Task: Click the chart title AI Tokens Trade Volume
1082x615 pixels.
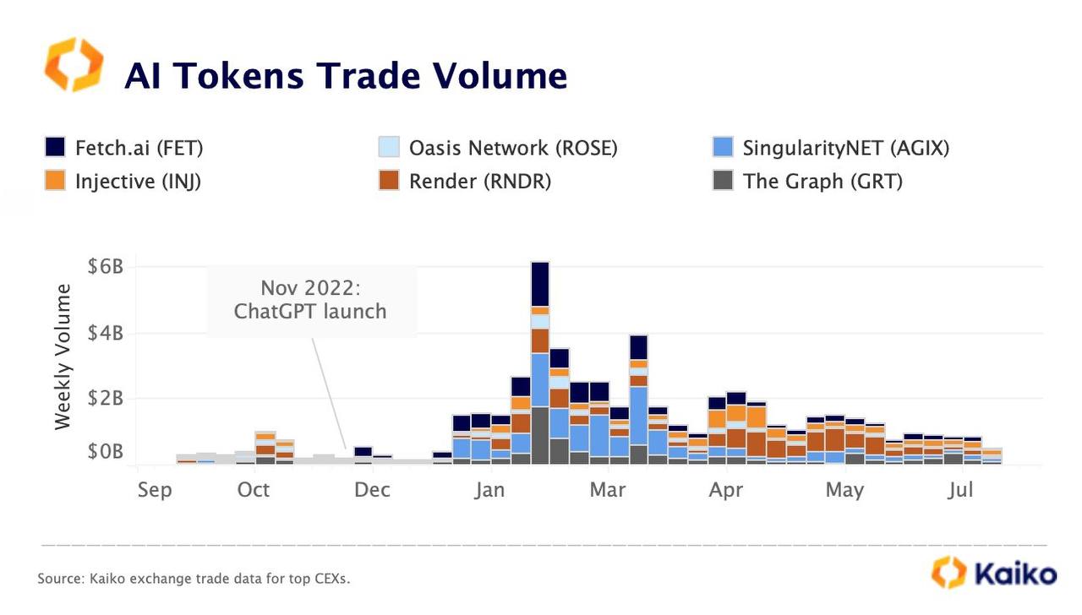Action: (345, 76)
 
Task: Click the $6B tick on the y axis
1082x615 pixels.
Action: (106, 267)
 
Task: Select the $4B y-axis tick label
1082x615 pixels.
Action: (106, 333)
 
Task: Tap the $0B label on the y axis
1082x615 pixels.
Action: (106, 453)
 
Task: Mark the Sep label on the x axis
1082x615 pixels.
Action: (154, 490)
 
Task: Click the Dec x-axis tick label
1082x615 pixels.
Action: (372, 490)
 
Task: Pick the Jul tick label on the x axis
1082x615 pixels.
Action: (960, 490)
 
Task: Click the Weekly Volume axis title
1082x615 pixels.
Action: (63, 356)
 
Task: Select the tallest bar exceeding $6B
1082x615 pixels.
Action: (540, 363)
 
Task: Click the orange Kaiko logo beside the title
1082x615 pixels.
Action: (74, 64)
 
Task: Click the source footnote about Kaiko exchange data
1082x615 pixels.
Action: (194, 580)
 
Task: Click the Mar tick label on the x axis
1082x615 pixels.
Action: (607, 490)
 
